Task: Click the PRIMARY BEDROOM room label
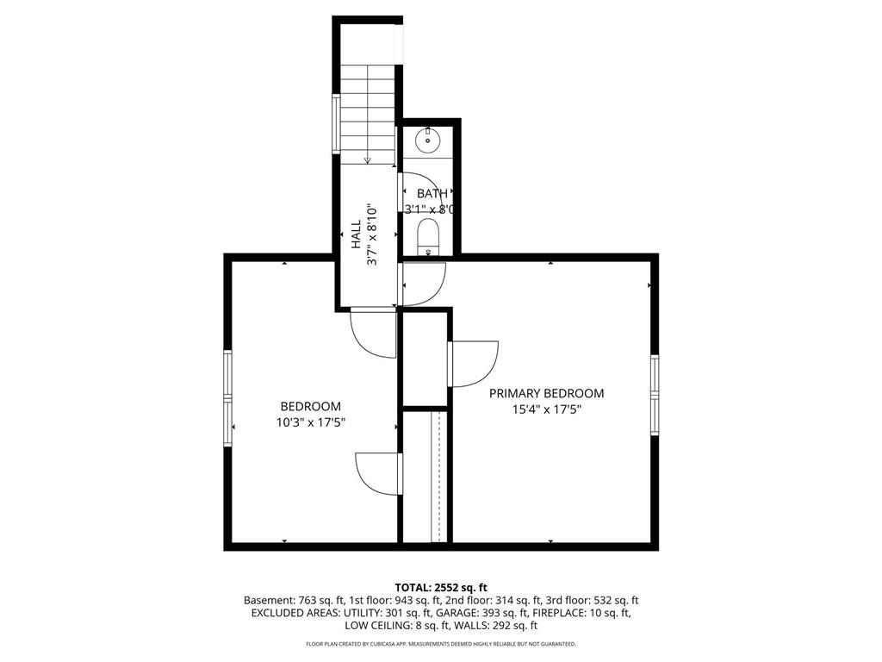[546, 393]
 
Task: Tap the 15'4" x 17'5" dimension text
[546, 409]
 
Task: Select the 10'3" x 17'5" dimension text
[310, 422]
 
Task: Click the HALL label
[357, 234]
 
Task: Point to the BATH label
[432, 194]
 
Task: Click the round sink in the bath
[428, 139]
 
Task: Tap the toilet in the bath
[428, 237]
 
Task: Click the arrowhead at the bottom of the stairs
[367, 160]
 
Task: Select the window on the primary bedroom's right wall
[655, 395]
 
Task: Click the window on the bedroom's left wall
[227, 398]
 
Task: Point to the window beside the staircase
[337, 124]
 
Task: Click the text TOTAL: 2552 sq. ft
[441, 588]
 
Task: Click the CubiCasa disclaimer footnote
[441, 644]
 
